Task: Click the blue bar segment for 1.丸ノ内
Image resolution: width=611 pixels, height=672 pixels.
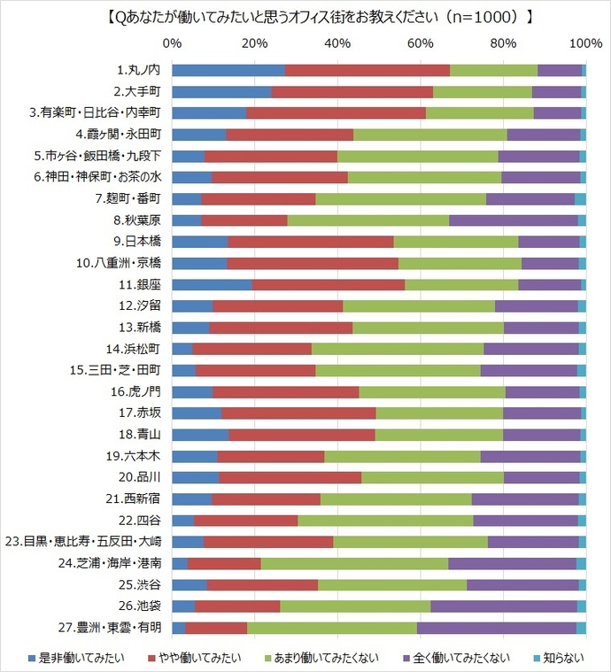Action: [228, 70]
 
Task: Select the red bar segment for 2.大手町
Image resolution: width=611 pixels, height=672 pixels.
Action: [352, 91]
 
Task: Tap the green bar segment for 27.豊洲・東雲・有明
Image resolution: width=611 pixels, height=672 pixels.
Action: [332, 628]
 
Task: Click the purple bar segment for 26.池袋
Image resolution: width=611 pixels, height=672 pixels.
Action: [503, 606]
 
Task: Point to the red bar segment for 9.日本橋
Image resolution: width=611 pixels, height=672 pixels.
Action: [311, 242]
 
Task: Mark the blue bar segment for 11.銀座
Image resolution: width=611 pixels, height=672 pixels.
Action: [213, 284]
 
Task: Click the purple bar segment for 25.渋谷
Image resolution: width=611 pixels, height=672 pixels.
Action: [522, 584]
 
